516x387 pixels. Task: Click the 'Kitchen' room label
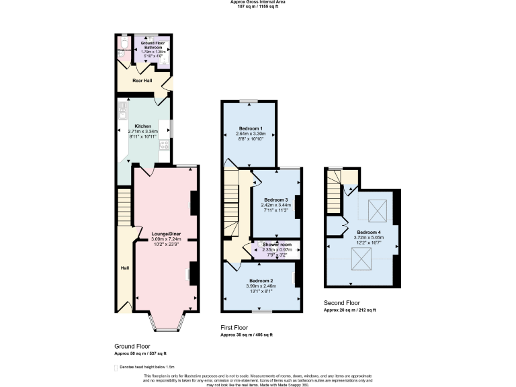(x=142, y=126)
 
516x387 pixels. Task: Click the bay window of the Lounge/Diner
(x=166, y=322)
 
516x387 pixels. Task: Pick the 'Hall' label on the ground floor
(x=124, y=268)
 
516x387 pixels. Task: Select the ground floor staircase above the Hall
(x=124, y=208)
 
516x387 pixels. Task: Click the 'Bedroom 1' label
(x=250, y=128)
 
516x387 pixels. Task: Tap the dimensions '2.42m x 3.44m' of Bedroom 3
(x=275, y=205)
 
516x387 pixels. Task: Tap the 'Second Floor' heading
(x=342, y=303)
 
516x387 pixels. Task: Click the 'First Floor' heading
(x=237, y=327)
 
